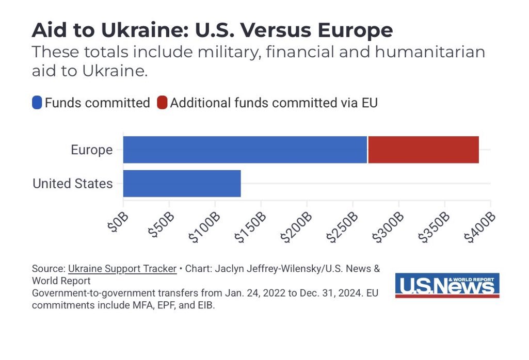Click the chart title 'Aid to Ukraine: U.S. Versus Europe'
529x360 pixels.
pos(212,30)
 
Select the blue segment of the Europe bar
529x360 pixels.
pos(245,150)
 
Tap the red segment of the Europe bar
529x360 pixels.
pos(423,150)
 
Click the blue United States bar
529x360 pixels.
pos(182,183)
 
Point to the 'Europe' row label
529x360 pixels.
pos(91,150)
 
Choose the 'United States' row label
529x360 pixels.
pos(72,183)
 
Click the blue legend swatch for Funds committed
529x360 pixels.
pos(37,103)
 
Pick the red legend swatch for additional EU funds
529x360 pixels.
pos(162,103)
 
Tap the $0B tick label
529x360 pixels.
pos(116,221)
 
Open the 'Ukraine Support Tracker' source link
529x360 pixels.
pos(122,269)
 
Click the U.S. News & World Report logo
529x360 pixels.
pos(447,285)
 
